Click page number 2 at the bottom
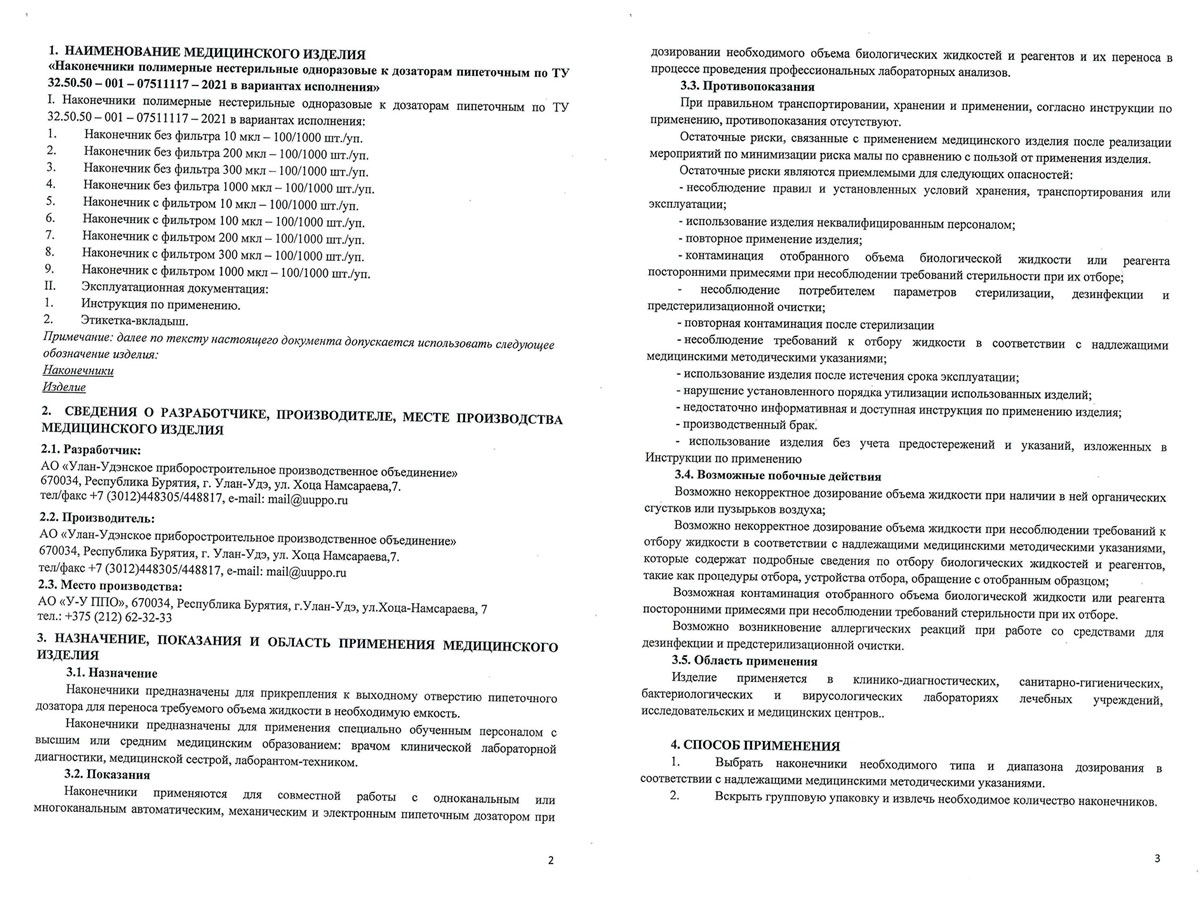click(x=550, y=859)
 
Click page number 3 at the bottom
click(x=1156, y=858)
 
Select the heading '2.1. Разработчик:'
click(x=89, y=450)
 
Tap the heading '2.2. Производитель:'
click(x=97, y=518)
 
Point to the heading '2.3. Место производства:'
click(x=111, y=585)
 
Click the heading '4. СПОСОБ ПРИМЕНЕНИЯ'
click(x=755, y=746)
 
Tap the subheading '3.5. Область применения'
click(x=745, y=660)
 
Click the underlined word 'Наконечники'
click(x=78, y=369)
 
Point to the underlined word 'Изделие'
click(x=64, y=386)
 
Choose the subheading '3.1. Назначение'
click(x=111, y=674)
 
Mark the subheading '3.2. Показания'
click(x=107, y=775)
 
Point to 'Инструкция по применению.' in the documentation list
click(x=161, y=305)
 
